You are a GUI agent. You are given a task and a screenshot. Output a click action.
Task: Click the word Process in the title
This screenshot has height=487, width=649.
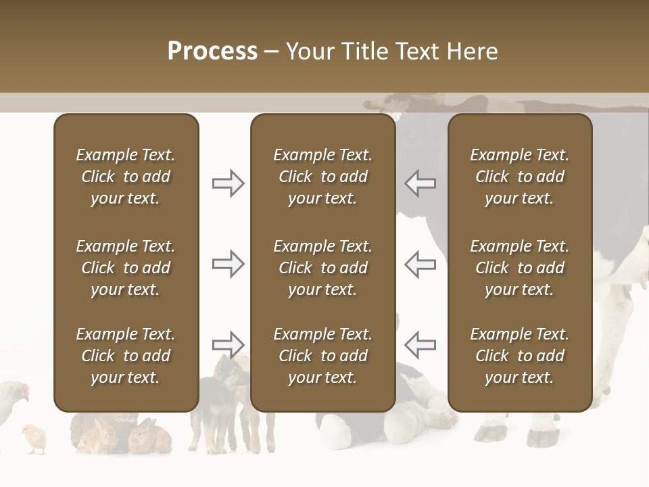212,51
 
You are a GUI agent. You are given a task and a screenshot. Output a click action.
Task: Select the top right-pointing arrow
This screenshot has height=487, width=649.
228,183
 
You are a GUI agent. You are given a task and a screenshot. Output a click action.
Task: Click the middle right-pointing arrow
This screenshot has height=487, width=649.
228,264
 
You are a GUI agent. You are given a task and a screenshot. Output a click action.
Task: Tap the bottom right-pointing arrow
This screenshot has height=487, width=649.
228,345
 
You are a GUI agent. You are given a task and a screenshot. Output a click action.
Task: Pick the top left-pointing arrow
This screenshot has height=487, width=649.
420,183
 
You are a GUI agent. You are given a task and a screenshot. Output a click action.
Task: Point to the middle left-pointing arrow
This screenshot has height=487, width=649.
420,264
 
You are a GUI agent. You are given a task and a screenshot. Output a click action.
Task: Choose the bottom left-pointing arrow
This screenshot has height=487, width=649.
420,345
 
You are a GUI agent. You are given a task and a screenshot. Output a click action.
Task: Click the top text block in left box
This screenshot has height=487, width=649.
126,177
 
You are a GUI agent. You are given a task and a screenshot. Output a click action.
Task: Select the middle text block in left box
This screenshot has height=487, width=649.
126,268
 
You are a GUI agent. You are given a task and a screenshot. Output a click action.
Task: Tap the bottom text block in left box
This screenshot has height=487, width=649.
126,356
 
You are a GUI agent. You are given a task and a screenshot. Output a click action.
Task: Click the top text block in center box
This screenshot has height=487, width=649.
322,177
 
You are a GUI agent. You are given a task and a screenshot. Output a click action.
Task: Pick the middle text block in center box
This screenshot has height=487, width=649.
322,268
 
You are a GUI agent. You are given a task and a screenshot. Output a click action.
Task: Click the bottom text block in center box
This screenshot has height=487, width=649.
322,356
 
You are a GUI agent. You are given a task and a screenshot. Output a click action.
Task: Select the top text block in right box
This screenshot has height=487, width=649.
519,177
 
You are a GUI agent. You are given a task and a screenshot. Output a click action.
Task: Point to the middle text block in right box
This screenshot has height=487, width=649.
519,268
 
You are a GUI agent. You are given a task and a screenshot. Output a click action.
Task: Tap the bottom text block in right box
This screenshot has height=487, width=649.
519,356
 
